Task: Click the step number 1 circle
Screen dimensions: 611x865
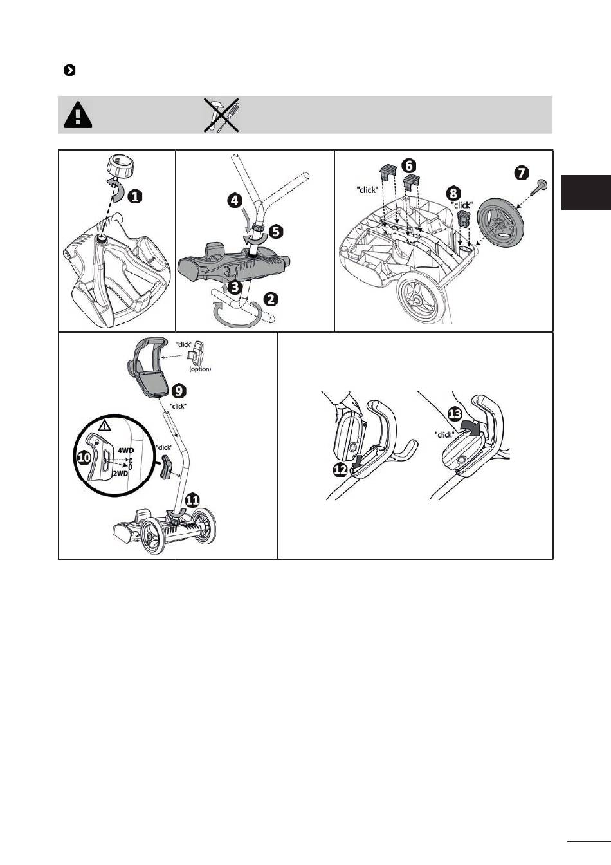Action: tap(134, 198)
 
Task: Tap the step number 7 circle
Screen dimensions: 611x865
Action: tap(521, 173)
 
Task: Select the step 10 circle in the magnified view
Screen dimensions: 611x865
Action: tap(84, 458)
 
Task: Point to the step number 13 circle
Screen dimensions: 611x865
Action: tap(455, 414)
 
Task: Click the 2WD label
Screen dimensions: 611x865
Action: tap(120, 474)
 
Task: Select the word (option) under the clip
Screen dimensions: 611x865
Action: tap(200, 369)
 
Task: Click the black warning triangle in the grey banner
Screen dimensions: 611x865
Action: tap(78, 115)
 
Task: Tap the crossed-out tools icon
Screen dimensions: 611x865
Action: tap(221, 115)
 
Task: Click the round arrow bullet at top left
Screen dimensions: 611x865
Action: tap(69, 71)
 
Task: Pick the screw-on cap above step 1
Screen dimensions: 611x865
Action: tap(119, 165)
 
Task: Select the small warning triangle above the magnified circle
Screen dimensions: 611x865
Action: tap(104, 426)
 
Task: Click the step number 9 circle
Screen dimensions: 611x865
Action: tap(178, 391)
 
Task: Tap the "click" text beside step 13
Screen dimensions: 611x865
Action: tap(444, 434)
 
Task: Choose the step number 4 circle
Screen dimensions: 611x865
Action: tap(235, 201)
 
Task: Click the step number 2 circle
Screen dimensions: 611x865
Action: tap(271, 299)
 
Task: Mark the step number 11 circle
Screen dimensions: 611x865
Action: tap(192, 501)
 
